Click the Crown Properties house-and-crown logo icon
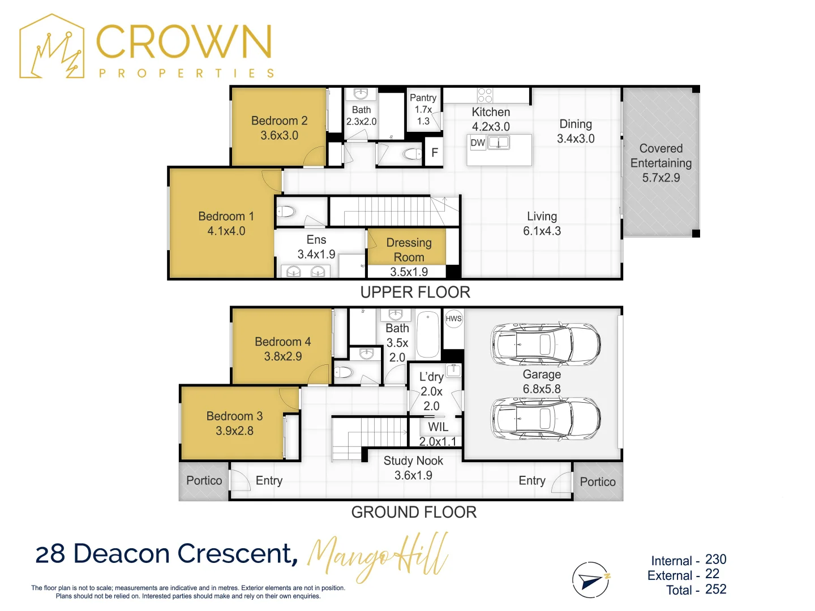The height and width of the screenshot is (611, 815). tap(52, 46)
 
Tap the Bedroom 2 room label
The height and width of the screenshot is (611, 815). tap(279, 121)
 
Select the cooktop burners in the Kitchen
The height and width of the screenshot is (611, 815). tap(484, 95)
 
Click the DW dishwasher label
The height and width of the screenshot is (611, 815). tap(478, 143)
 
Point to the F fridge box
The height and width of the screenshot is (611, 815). tap(434, 152)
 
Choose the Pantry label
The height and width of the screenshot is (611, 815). tap(423, 97)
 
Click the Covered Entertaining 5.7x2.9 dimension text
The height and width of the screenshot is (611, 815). tap(661, 178)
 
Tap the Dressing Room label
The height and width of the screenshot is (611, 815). tap(409, 249)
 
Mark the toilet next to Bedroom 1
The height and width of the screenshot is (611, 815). tap(286, 212)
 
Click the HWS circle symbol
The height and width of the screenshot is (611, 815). tap(453, 319)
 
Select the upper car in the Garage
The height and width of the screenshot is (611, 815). tap(545, 345)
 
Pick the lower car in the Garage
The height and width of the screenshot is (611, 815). tap(545, 419)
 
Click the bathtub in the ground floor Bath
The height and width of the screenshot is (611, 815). tap(428, 334)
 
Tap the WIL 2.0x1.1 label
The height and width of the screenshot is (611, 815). tap(437, 434)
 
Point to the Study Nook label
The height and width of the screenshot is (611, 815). tap(413, 461)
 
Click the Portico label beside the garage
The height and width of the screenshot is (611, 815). tap(598, 481)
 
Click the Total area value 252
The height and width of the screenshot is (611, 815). tap(715, 589)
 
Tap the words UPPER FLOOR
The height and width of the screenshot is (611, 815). tap(415, 292)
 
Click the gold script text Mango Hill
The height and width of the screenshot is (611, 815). tap(378, 557)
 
